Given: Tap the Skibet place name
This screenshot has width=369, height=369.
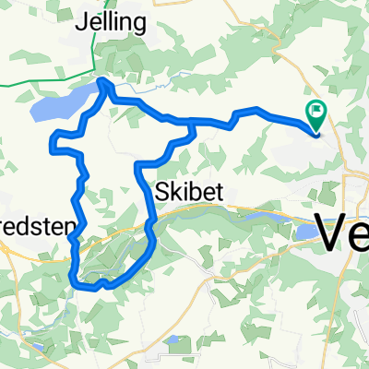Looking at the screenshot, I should [x=188, y=190].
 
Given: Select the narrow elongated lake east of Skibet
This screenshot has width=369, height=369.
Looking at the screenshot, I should [x=259, y=217].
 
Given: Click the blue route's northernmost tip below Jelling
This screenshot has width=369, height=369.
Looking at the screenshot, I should [x=101, y=82].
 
